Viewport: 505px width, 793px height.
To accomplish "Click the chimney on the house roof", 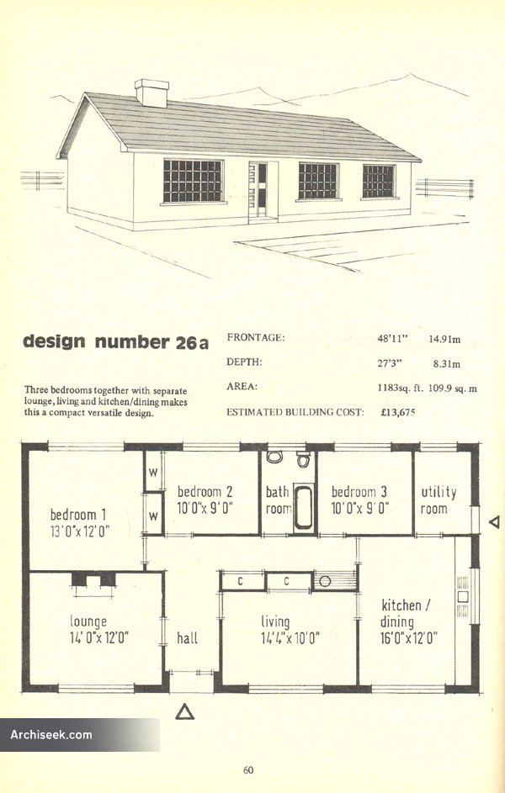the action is coord(151,93).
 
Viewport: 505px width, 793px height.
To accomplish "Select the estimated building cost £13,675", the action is coord(398,412).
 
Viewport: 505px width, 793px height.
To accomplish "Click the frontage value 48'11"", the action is coord(393,339).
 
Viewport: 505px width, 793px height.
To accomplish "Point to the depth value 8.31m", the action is coord(447,363).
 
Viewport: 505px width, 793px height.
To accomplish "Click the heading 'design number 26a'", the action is coord(116,342).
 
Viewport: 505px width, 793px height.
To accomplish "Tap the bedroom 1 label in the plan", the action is coord(78,515).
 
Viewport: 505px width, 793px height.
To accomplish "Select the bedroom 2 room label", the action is coord(205,492).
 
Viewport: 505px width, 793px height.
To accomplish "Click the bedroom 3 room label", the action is coord(359,492).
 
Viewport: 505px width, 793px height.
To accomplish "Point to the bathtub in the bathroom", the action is coord(304,507).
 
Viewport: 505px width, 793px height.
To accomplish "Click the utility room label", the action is coord(439,500).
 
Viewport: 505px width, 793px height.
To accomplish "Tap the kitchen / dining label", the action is coord(406,613).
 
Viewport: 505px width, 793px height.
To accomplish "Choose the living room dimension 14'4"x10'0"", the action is coord(290,638).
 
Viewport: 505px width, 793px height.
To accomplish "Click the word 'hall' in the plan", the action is coord(187,638).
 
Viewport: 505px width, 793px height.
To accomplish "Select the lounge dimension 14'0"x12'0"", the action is coord(99,637).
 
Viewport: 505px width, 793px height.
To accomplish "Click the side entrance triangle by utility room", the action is coord(496,522).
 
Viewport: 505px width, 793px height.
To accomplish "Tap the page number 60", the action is coord(248,770).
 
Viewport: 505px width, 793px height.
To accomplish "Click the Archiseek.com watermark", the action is coord(51,734).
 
